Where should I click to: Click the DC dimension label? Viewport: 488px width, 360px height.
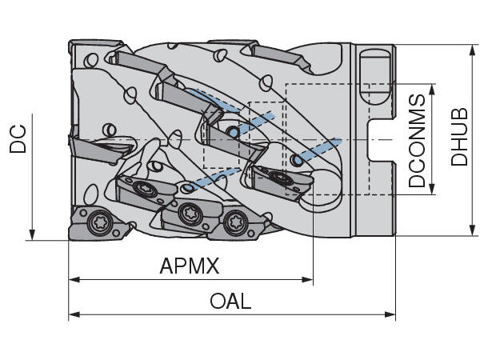[18, 138]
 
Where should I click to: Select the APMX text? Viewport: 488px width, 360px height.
[190, 266]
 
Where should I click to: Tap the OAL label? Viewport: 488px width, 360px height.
[230, 301]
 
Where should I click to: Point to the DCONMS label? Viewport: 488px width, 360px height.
[417, 141]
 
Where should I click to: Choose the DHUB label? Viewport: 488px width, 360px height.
[459, 137]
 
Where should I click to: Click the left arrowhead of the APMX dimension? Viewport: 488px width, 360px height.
[74, 279]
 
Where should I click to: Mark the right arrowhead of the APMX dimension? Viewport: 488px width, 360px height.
[307, 279]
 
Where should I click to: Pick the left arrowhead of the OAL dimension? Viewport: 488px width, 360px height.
[74, 314]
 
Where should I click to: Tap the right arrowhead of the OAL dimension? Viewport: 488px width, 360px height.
[390, 314]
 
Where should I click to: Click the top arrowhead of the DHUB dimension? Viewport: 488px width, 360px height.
[473, 50]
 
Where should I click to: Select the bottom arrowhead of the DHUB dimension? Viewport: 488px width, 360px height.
[473, 230]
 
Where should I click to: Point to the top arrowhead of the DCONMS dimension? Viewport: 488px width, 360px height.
[432, 90]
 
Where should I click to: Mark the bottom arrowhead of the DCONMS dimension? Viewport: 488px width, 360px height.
[432, 189]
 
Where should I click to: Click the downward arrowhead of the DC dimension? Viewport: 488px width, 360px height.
[32, 234]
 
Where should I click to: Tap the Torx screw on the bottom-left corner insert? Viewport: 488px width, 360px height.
[99, 222]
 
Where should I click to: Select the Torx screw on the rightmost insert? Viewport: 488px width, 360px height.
[282, 178]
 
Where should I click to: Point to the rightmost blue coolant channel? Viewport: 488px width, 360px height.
[318, 150]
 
